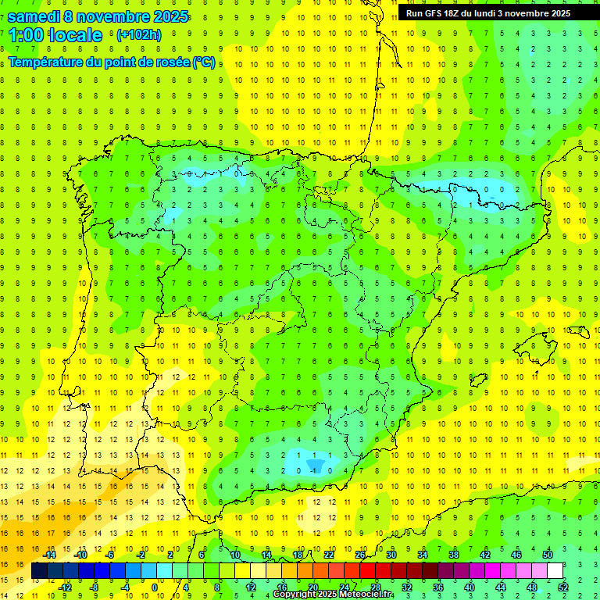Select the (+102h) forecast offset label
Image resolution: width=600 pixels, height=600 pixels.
(138, 35)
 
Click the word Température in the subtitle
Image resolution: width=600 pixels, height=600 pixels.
(48, 62)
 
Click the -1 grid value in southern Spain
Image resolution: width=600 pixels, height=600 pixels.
(314, 470)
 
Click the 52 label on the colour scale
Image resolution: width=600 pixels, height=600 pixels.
(563, 587)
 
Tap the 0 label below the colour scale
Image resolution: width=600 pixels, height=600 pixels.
(155, 587)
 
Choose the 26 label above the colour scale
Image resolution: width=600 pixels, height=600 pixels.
(360, 555)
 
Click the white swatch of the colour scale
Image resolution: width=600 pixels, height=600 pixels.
(555, 571)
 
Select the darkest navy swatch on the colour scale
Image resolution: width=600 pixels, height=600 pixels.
(39, 571)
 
